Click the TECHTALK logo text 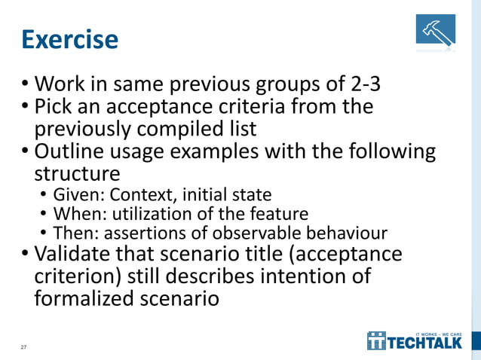pos(429,343)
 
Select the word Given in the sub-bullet pos(74,196)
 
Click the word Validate pos(75,254)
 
